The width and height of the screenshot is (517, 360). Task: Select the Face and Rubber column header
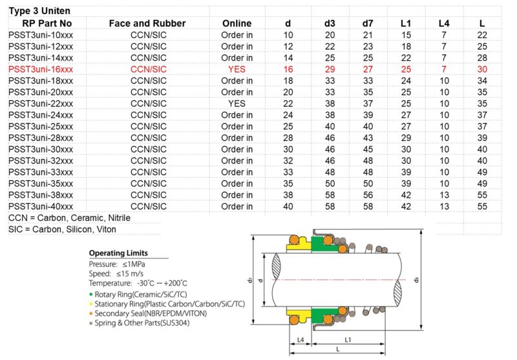[x=147, y=23]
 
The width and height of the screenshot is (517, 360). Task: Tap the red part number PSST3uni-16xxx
[x=41, y=69]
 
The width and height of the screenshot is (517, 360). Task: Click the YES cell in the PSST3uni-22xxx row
[x=237, y=103]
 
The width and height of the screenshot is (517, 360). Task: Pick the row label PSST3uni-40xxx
[x=41, y=207]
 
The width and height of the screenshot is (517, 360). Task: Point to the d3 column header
[x=330, y=23]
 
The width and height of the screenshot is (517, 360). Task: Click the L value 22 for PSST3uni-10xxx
[x=482, y=35]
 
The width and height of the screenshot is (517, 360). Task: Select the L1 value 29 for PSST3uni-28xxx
[x=406, y=138]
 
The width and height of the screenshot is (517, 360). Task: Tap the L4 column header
[x=444, y=23]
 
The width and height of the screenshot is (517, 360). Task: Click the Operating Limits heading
[x=118, y=253]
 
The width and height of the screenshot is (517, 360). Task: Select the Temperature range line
[x=138, y=283]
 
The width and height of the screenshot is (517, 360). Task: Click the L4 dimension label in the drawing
[x=300, y=339]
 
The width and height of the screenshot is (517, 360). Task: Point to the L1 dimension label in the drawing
[x=347, y=339]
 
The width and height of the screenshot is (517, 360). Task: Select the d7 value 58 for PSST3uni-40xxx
[x=368, y=207]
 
